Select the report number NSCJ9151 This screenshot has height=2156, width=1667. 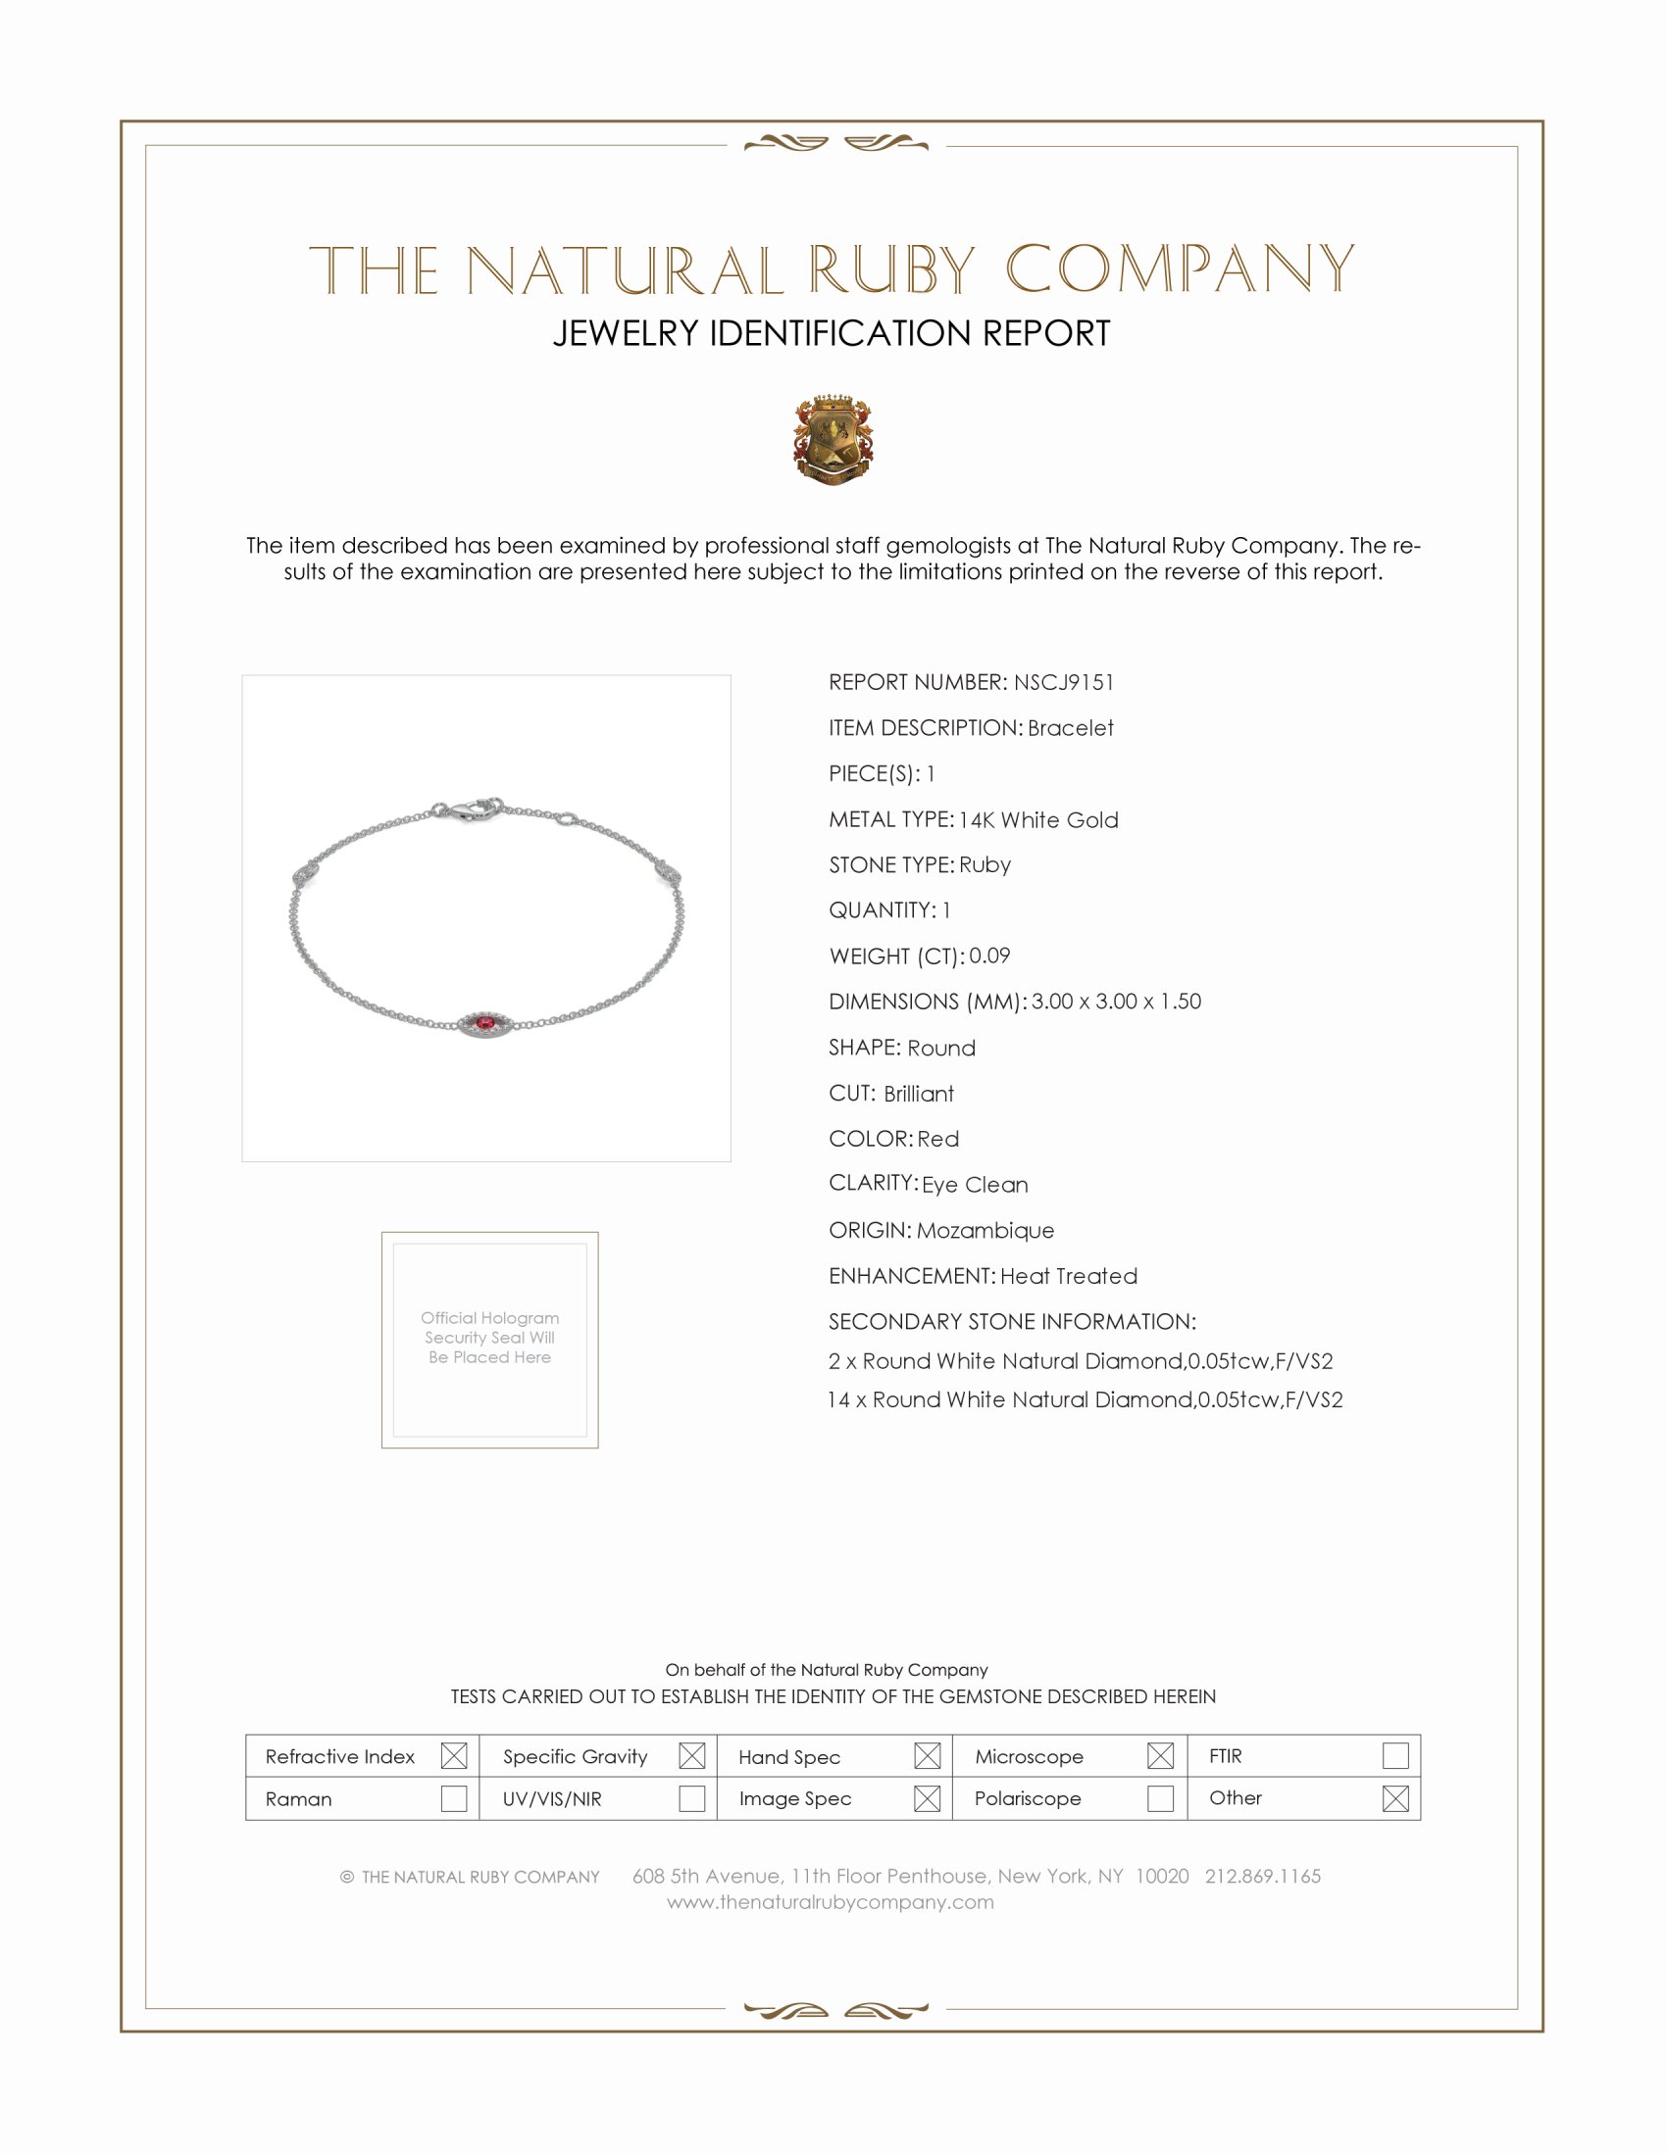click(1064, 682)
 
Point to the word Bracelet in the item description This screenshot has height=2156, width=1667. click(1071, 728)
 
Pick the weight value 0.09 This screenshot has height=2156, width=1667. click(989, 955)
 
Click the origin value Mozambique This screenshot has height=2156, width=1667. click(985, 1231)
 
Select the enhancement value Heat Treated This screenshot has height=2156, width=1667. click(1069, 1276)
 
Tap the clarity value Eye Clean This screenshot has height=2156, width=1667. click(975, 1185)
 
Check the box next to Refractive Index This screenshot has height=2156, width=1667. click(453, 1756)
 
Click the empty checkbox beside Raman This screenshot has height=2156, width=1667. click(453, 1798)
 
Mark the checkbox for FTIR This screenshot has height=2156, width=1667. click(1395, 1756)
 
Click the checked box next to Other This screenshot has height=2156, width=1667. click(1395, 1798)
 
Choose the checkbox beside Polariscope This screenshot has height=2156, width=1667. click(1160, 1798)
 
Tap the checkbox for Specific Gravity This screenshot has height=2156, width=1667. click(692, 1756)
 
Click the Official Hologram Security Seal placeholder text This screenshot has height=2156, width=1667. click(490, 1338)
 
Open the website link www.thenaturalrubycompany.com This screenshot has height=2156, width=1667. click(831, 1902)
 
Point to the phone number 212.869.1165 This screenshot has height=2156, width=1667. click(1262, 1877)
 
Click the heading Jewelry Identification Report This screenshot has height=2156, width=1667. click(832, 333)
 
